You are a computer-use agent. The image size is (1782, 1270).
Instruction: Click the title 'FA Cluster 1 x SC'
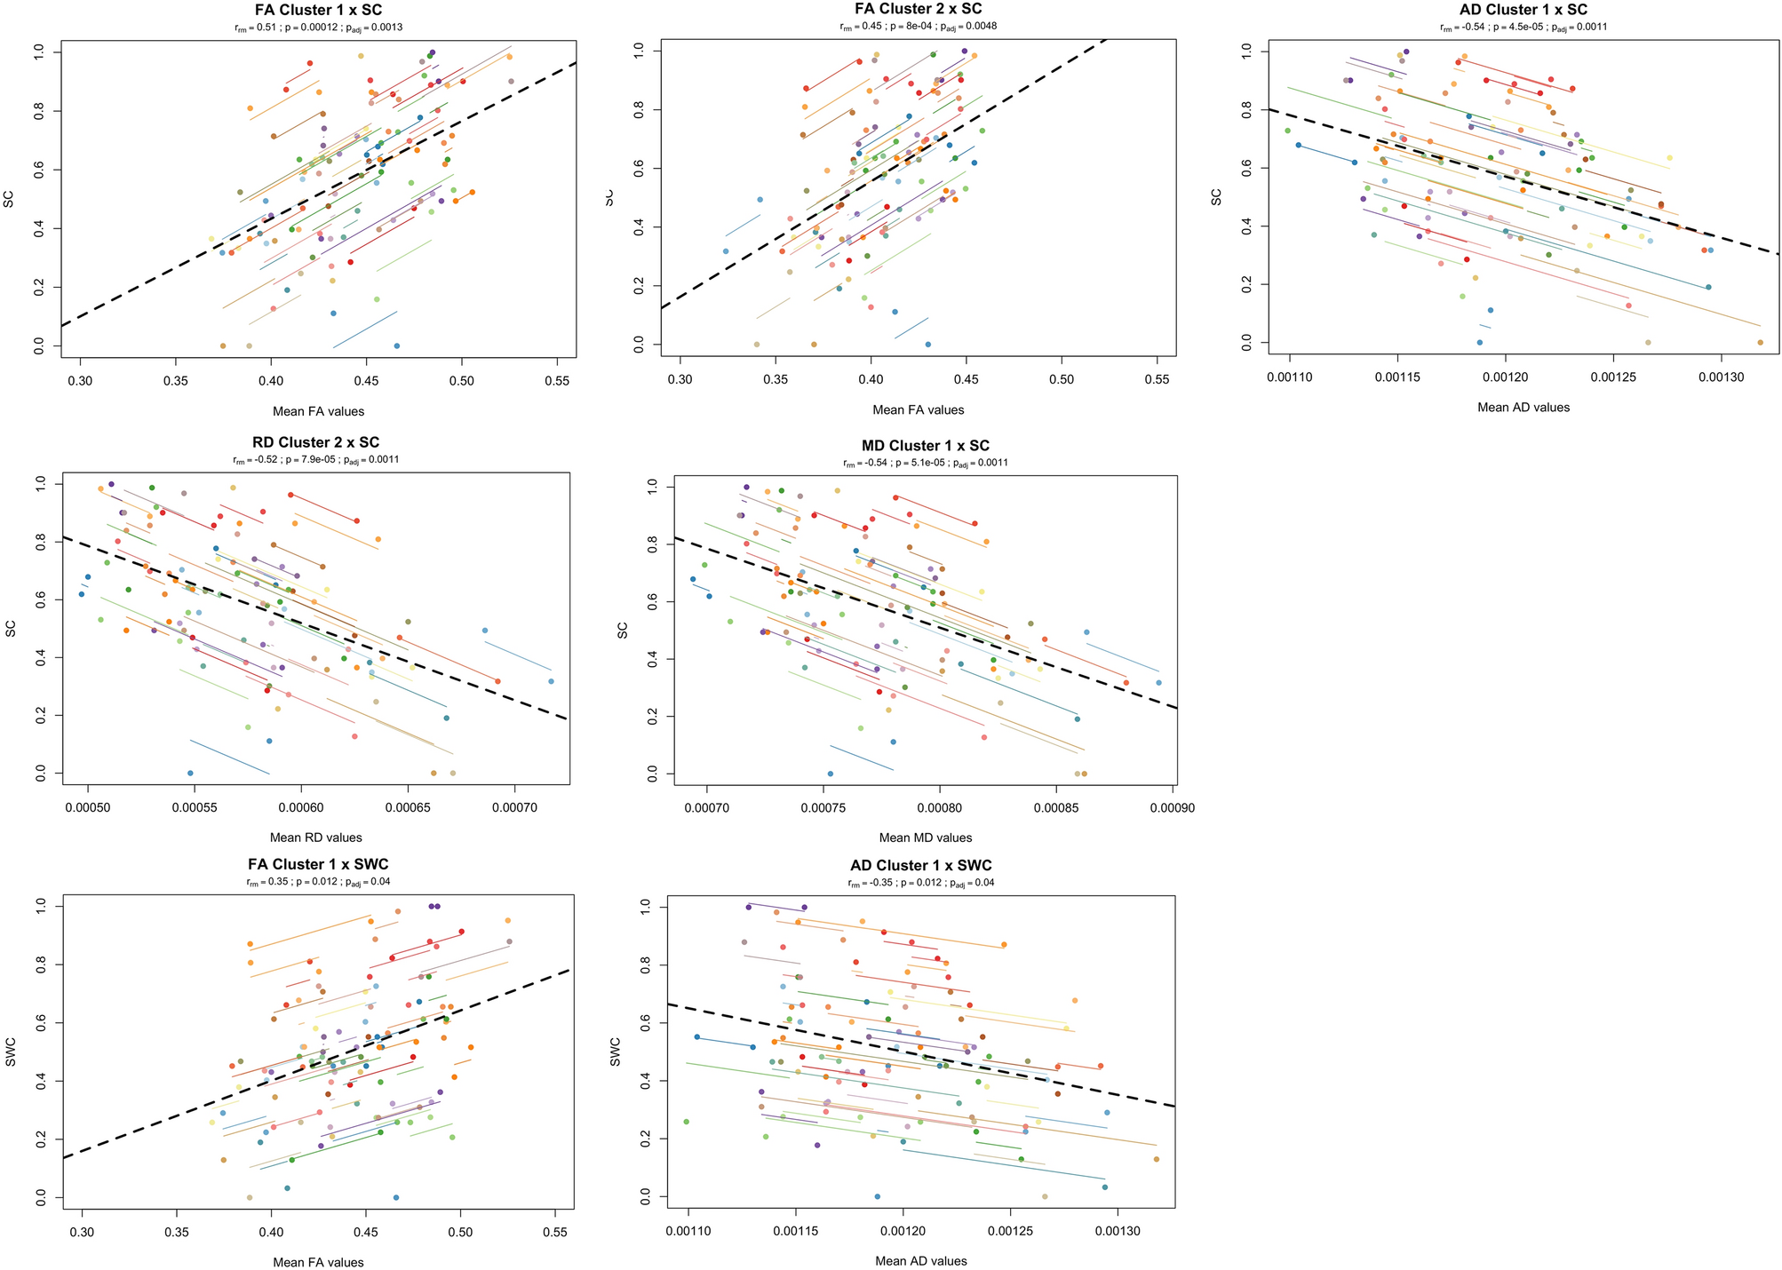[x=318, y=11]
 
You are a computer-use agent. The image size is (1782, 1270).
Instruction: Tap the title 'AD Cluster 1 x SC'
[x=1523, y=10]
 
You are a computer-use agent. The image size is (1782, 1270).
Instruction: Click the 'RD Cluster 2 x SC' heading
[x=315, y=443]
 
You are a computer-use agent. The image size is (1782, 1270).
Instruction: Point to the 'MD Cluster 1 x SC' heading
[x=925, y=446]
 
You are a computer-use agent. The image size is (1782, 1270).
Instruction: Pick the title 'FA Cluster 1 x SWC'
[x=317, y=865]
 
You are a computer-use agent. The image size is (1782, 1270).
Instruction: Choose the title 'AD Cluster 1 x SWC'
[x=920, y=866]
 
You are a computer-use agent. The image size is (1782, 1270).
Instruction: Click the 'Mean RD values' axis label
[x=315, y=837]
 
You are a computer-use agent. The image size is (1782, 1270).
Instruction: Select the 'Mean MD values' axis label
[x=925, y=838]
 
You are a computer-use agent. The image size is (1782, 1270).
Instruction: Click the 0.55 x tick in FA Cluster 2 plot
[x=1157, y=379]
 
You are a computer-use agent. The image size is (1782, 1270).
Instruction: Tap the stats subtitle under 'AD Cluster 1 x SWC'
[x=920, y=884]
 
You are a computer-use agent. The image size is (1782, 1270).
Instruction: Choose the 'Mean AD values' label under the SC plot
[x=1523, y=408]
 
